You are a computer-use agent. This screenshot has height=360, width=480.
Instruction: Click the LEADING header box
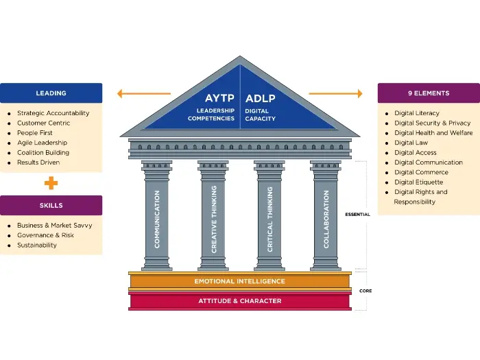[51, 93]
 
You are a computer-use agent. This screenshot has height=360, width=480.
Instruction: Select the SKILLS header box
[51, 205]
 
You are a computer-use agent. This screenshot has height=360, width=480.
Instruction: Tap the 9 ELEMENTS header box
[428, 93]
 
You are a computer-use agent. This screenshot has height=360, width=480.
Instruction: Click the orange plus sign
[51, 183]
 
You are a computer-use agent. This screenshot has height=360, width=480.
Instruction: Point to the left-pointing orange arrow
[143, 94]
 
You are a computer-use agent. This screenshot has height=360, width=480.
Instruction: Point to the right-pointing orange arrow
[335, 93]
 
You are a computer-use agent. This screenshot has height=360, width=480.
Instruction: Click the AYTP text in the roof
[219, 98]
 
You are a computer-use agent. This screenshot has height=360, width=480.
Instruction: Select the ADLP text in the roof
[261, 98]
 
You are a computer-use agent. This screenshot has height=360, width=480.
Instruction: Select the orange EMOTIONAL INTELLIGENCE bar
[239, 281]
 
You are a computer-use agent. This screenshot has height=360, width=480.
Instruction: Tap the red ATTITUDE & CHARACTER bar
[239, 300]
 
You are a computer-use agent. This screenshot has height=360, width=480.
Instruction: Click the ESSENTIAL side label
[357, 215]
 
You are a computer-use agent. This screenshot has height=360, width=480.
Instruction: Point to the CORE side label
[365, 291]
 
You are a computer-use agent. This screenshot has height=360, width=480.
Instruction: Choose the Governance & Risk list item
[45, 235]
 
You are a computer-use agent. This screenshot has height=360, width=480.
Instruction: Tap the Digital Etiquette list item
[418, 182]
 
